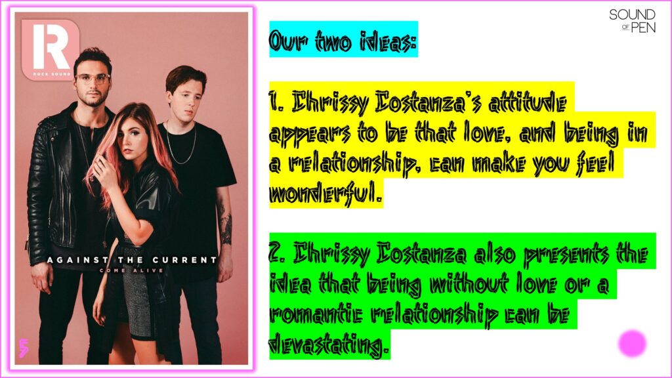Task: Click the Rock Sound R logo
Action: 51,50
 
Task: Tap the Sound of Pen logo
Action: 632,21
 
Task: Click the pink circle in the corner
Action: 632,343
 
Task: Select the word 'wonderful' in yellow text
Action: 325,194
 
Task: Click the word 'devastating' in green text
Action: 329,345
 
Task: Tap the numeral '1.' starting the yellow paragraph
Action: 277,103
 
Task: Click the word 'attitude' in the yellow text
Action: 528,103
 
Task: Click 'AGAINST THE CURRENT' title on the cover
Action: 132,260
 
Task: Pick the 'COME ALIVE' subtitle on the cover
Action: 131,270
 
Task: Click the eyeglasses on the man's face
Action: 93,79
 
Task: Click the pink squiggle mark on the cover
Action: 24,348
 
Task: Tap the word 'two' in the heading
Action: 333,41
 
